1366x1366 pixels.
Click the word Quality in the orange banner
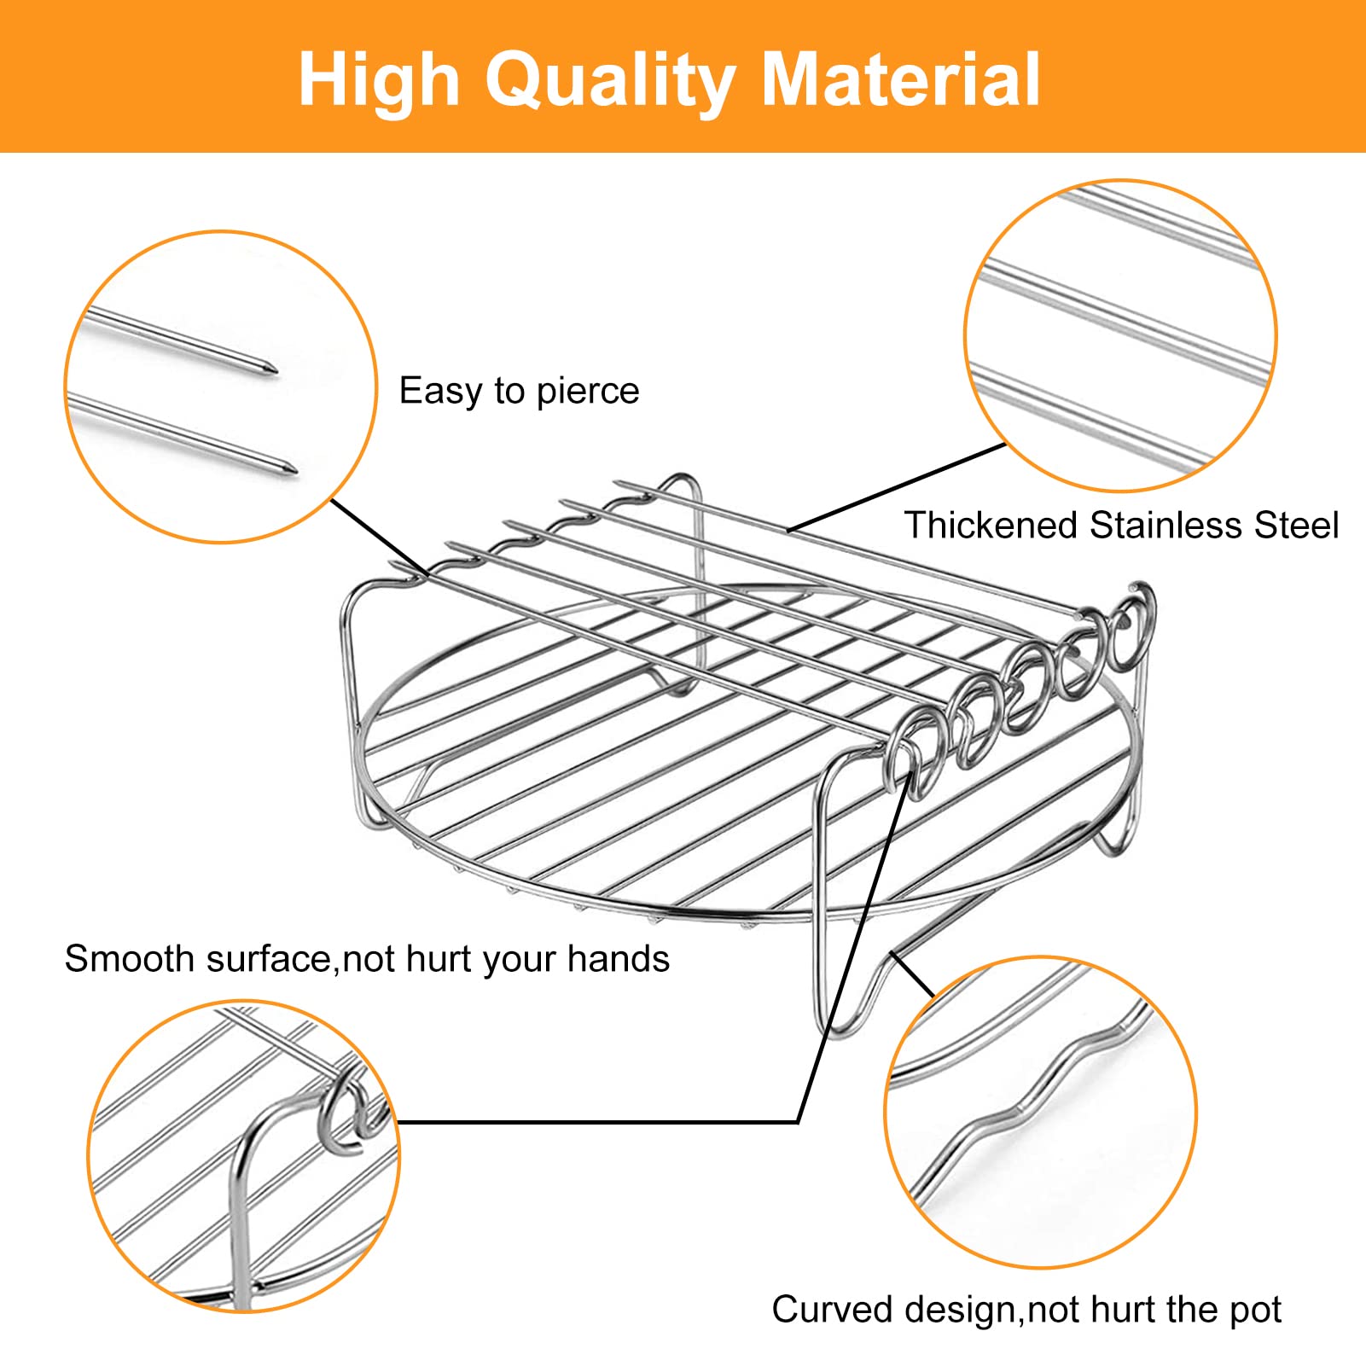610,81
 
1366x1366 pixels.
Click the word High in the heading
379,81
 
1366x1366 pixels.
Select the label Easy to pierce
519,392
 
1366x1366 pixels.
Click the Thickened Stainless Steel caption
1121,525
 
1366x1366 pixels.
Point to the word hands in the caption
619,958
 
